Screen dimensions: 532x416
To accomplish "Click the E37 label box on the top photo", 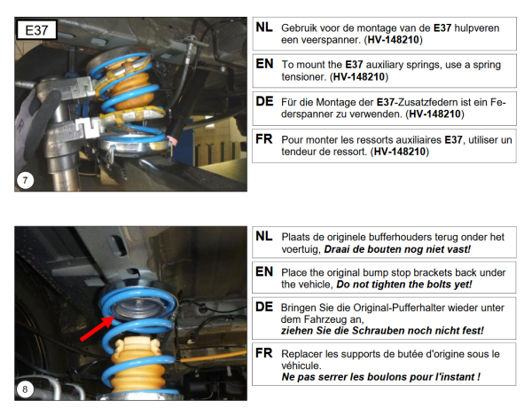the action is pos(36,30).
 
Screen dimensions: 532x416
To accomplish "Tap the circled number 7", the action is pos(25,180).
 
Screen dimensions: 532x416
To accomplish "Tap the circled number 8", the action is pos(25,389).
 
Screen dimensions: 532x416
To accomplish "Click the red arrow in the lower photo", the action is pos(98,328).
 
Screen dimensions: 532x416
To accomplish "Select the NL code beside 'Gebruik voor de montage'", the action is pos(264,27).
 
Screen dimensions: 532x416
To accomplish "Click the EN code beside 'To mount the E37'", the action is pos(264,64).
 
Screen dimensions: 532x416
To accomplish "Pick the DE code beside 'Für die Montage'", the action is pos(264,101).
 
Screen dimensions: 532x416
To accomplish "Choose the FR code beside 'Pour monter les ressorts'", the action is pos(264,138).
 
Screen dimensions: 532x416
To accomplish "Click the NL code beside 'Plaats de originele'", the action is pos(264,236).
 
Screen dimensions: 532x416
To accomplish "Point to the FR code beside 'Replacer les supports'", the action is pos(264,353).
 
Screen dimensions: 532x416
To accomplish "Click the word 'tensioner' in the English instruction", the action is pos(303,76).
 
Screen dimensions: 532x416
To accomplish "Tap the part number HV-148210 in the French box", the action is pos(399,152).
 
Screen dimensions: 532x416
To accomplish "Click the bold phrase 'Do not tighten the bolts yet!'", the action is pos(404,284).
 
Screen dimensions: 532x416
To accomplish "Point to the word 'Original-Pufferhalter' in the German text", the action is pos(402,308).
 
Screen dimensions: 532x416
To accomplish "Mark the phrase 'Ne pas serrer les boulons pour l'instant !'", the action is pos(381,377).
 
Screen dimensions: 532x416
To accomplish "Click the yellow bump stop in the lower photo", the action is pos(137,365).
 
